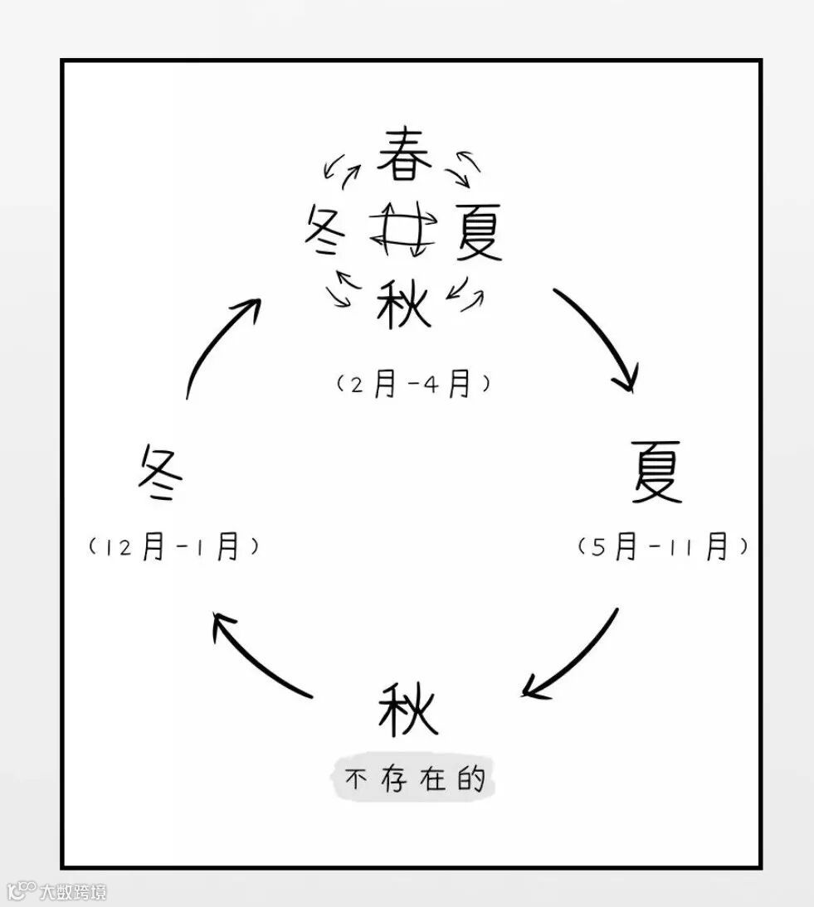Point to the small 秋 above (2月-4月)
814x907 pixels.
pyautogui.click(x=404, y=303)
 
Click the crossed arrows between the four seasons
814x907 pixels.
pyautogui.click(x=402, y=228)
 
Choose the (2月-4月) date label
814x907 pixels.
pyautogui.click(x=412, y=384)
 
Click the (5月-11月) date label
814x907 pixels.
pyautogui.click(x=663, y=547)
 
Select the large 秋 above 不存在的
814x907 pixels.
pyautogui.click(x=407, y=709)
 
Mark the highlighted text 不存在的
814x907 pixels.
pyautogui.click(x=413, y=779)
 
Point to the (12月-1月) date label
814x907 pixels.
pyautogui.click(x=173, y=547)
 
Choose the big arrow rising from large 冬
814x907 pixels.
pyautogui.click(x=221, y=344)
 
